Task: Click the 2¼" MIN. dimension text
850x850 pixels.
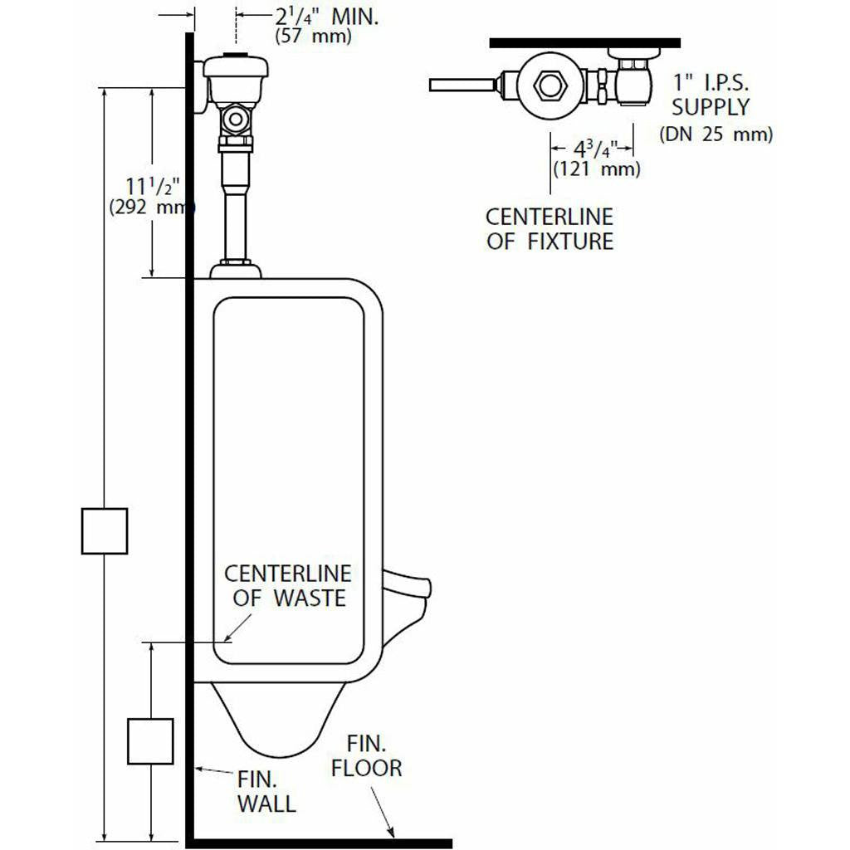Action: pos(327,17)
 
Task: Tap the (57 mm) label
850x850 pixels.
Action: pos(313,37)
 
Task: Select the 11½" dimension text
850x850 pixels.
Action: pos(152,186)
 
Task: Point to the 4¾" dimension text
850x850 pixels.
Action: pos(595,149)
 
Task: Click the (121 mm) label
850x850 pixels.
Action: pos(597,169)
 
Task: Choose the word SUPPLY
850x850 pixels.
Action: pos(711,107)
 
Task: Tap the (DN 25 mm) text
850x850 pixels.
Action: pos(716,134)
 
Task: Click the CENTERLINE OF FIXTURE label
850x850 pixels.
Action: pos(550,229)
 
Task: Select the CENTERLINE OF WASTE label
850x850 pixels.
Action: pos(287,586)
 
